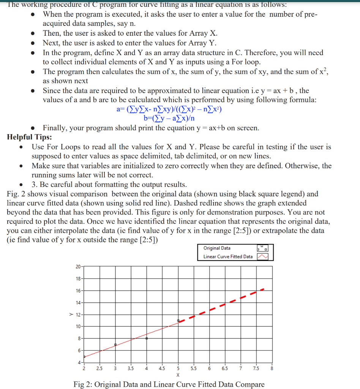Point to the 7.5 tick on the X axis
pos(256,368)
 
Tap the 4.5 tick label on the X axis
pos(162,368)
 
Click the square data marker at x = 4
pos(147,338)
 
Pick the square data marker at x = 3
pos(115,345)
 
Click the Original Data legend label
pos(217,248)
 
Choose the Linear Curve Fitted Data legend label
pos(228,256)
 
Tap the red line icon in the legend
pos(263,257)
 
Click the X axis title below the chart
pos(178,375)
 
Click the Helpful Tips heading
pos(30,137)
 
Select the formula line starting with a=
pos(169,109)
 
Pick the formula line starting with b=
pos(169,118)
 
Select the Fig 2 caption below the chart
pos(169,384)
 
